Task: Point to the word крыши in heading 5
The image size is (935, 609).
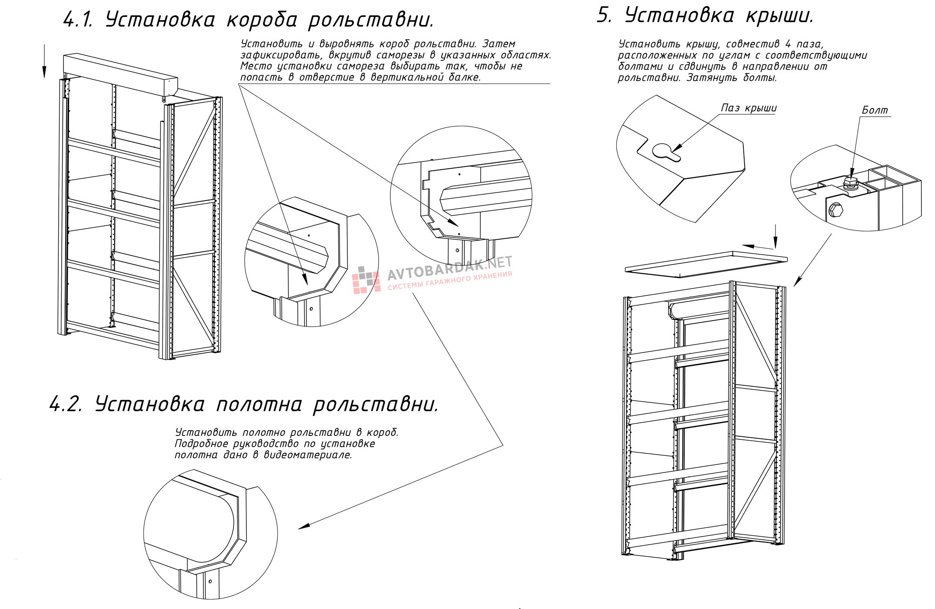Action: pos(779,17)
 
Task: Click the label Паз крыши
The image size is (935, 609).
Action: pos(749,108)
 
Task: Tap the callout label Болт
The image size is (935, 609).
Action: pos(875,110)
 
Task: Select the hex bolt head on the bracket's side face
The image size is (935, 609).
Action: pos(835,211)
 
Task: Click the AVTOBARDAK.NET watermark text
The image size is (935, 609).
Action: pos(449,268)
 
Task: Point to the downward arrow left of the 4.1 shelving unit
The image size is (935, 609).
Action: pos(44,61)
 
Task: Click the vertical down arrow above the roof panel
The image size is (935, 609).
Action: pos(775,237)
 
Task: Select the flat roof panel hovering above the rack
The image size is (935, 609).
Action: pos(706,263)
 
